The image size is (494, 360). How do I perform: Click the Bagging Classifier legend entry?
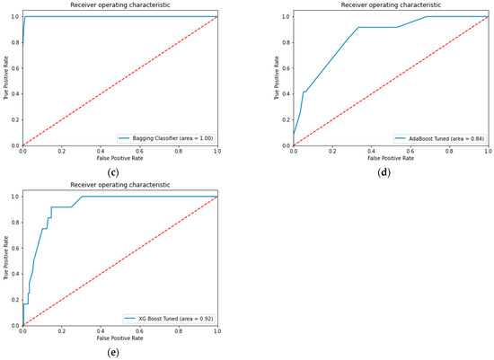(x=166, y=137)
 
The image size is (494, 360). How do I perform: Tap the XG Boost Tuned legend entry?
(x=168, y=318)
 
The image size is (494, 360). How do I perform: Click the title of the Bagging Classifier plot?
(x=120, y=5)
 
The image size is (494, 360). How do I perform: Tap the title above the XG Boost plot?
(x=120, y=185)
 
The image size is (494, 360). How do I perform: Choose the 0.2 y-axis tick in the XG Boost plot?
(x=13, y=299)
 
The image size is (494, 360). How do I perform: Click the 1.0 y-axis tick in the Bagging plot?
(x=13, y=16)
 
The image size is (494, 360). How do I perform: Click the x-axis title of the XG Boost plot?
(x=120, y=339)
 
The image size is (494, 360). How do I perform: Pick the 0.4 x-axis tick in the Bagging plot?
(x=101, y=151)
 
